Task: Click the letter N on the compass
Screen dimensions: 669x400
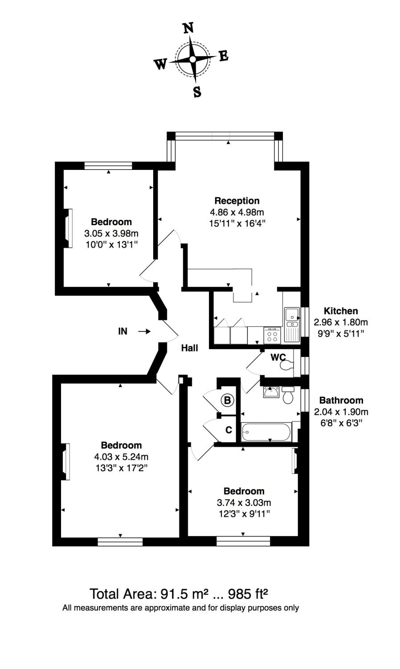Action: pyautogui.click(x=188, y=28)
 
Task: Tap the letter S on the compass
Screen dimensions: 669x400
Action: pyautogui.click(x=197, y=92)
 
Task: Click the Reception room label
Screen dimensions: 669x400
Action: pyautogui.click(x=237, y=201)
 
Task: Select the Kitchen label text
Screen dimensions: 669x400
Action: pyautogui.click(x=340, y=311)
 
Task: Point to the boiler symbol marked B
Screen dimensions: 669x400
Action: pyautogui.click(x=227, y=400)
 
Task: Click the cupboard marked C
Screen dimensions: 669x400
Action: pyautogui.click(x=229, y=430)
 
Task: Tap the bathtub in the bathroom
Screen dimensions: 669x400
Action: pyautogui.click(x=266, y=432)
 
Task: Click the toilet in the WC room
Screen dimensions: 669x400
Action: pyautogui.click(x=286, y=365)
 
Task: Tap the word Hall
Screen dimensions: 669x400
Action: pyautogui.click(x=189, y=348)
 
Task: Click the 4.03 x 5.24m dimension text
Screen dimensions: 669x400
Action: pyautogui.click(x=121, y=457)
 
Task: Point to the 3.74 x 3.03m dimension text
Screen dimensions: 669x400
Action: pyautogui.click(x=244, y=503)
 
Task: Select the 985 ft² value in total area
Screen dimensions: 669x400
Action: pyautogui.click(x=248, y=594)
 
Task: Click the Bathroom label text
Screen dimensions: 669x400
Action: pyautogui.click(x=341, y=400)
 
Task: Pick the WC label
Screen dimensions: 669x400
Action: pyautogui.click(x=278, y=357)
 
